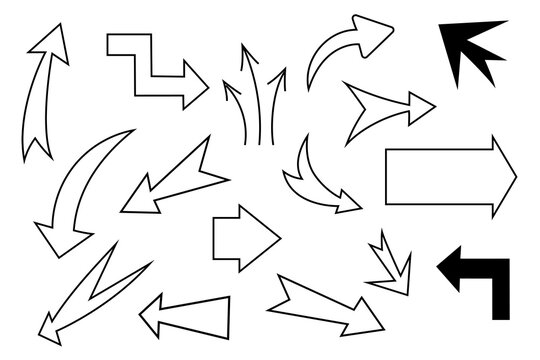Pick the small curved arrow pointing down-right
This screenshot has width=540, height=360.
(314, 180)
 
